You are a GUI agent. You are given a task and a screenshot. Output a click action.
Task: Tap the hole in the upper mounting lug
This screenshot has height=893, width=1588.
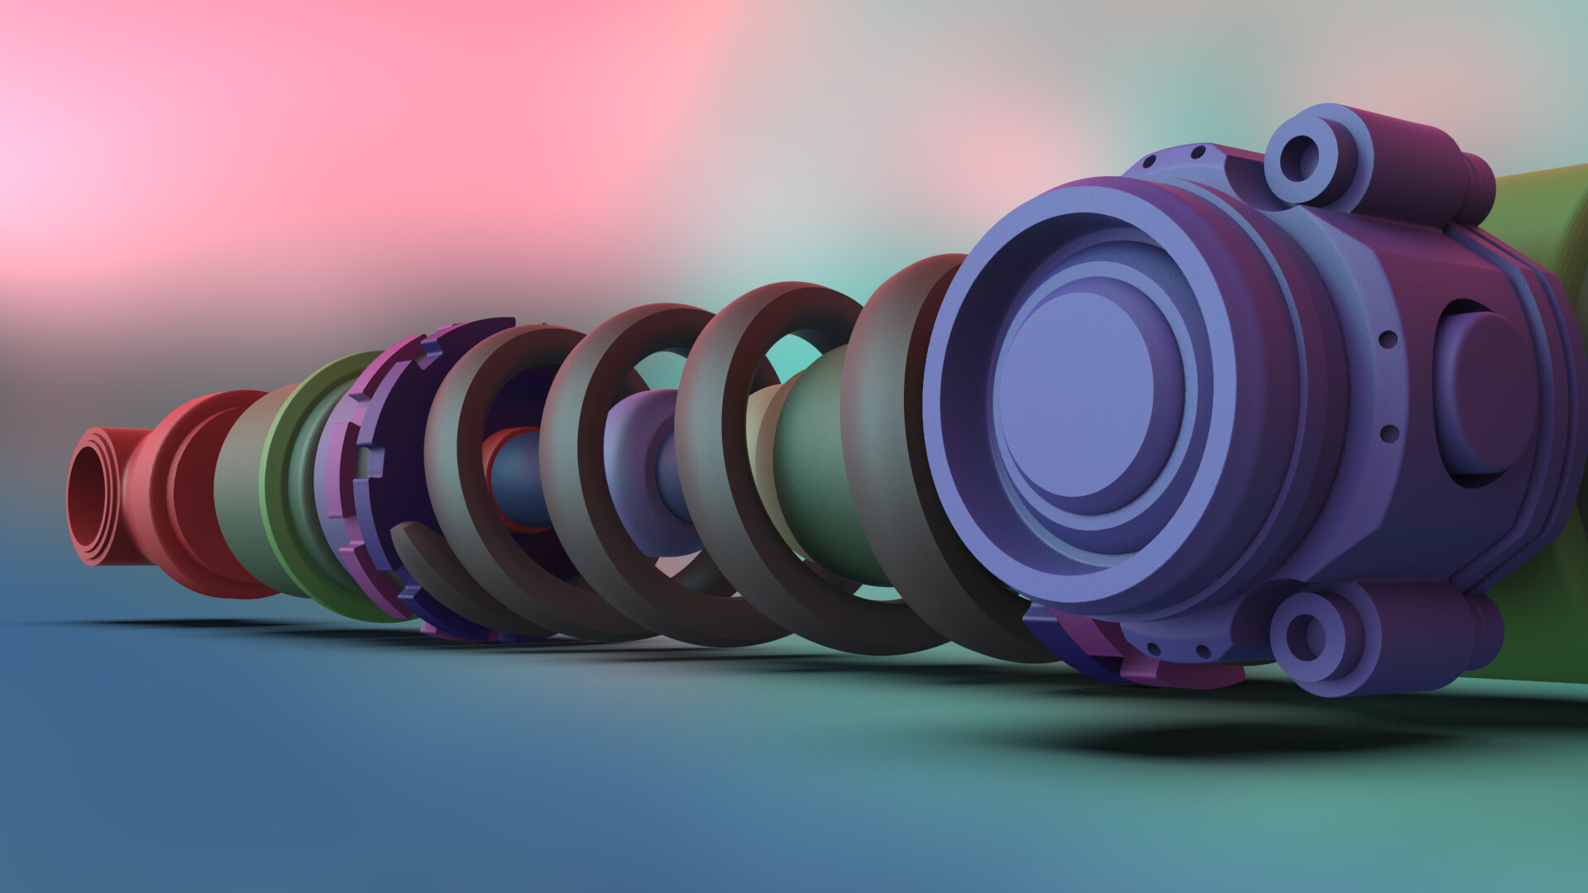[1302, 160]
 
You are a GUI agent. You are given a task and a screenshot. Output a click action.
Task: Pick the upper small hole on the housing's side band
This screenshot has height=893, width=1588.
[1389, 339]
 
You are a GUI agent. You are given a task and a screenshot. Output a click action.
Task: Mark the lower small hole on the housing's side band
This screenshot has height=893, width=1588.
[1389, 432]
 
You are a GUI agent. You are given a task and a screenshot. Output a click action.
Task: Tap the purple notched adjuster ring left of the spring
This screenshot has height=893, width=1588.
[364, 463]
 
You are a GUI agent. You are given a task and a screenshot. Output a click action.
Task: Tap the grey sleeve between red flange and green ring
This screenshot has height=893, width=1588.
[240, 488]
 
